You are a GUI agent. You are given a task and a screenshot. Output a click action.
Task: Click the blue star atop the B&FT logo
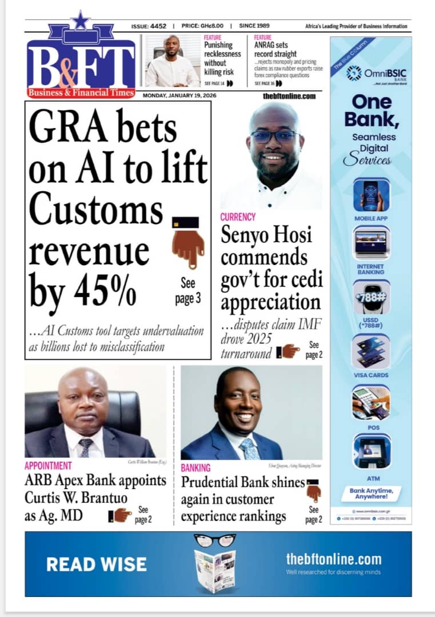point(80,21)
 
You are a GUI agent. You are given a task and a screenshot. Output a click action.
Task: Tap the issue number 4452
point(158,26)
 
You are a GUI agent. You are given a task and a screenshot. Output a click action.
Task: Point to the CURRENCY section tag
point(238,217)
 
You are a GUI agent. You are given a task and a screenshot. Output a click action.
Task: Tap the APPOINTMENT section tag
point(48,466)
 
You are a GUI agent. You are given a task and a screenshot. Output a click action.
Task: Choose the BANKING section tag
point(195,468)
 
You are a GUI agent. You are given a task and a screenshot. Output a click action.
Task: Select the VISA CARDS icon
point(371,351)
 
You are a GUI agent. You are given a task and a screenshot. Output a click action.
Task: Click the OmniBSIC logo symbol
point(354,73)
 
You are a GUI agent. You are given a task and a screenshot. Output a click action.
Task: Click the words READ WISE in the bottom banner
point(96,564)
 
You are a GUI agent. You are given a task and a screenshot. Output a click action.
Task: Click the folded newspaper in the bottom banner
point(214,570)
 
